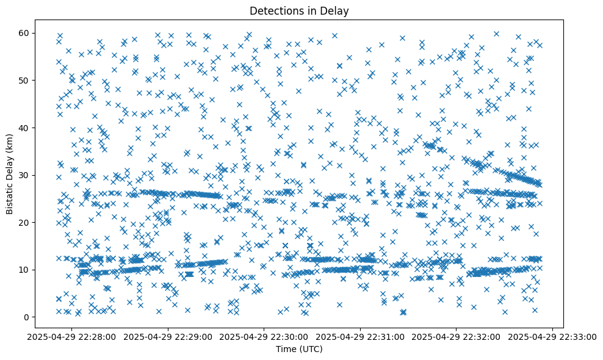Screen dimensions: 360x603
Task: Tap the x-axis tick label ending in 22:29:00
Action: pyautogui.click(x=168, y=336)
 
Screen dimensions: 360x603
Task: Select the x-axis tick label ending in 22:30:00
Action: pyautogui.click(x=265, y=336)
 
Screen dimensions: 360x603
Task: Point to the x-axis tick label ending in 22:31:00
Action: pyautogui.click(x=361, y=336)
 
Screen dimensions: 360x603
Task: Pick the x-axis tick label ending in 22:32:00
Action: pyautogui.click(x=457, y=336)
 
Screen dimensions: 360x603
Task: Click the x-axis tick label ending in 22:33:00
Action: pyautogui.click(x=553, y=336)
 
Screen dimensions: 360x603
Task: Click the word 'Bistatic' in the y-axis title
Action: pyautogui.click(x=10, y=197)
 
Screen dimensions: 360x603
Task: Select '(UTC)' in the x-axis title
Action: pyautogui.click(x=312, y=349)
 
